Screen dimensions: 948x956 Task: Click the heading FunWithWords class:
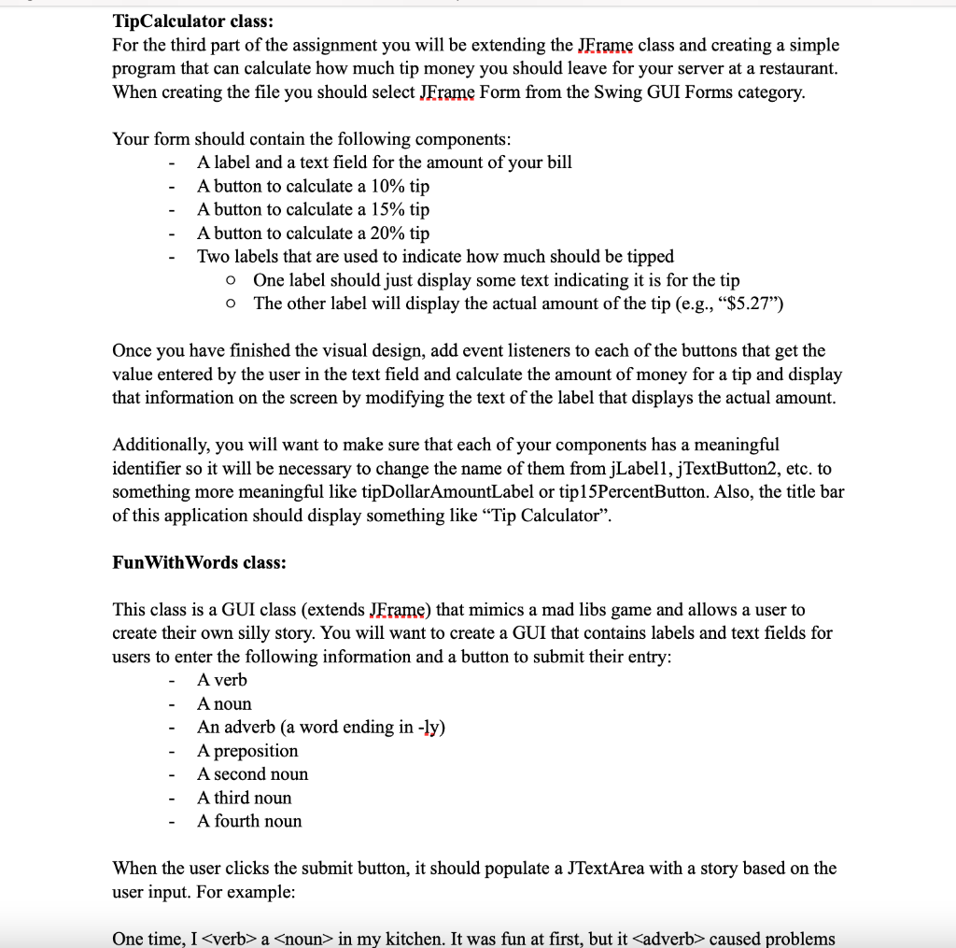tap(199, 562)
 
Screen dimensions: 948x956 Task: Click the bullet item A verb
tap(222, 680)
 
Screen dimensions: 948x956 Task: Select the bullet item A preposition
tap(247, 750)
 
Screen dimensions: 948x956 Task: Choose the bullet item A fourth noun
tap(249, 821)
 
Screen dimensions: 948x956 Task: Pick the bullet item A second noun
tap(252, 773)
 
